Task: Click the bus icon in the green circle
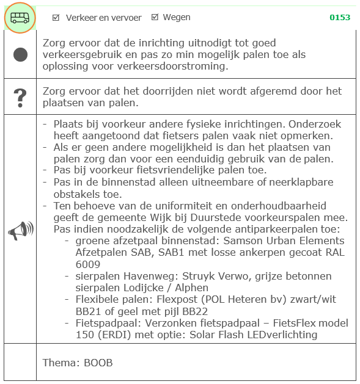point(20,18)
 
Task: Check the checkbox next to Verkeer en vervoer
point(56,18)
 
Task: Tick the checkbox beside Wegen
point(155,17)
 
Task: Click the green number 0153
point(340,18)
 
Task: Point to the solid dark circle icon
point(20,54)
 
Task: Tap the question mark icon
point(20,96)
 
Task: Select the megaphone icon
point(20,230)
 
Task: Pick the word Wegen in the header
point(177,17)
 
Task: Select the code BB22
point(186,311)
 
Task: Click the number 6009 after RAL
point(88,264)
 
